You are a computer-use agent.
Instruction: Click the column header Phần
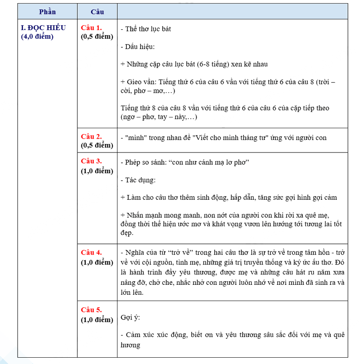47,11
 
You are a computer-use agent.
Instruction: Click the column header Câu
97,11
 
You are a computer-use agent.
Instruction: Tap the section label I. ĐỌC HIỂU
43,27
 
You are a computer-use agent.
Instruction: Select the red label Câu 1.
91,27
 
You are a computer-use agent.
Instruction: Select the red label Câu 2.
91,136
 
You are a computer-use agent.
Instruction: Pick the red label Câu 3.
91,161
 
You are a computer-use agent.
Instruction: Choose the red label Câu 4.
91,252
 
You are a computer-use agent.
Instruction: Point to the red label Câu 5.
91,310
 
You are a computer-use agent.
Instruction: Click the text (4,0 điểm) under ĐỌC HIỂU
37,36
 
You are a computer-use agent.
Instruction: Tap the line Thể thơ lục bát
146,29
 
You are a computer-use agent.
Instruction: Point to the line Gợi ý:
130,318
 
